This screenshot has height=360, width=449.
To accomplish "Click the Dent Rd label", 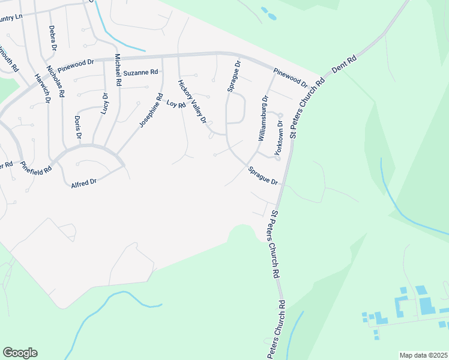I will click(344, 64).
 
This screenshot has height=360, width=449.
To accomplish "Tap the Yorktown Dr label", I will click(279, 138).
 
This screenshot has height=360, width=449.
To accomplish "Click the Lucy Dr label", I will click(105, 104).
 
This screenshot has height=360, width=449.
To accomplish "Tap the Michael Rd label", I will click(118, 69).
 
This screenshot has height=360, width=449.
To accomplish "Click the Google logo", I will click(20, 353).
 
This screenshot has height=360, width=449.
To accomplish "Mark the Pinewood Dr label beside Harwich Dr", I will click(76, 62).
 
